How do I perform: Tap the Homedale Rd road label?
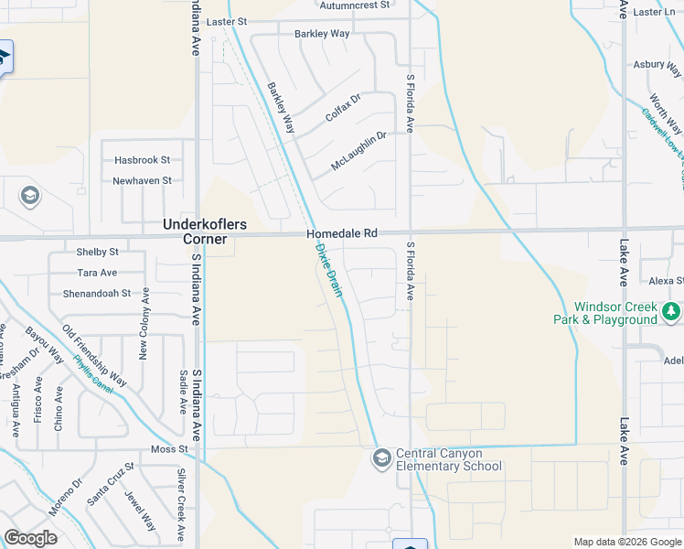click(x=342, y=234)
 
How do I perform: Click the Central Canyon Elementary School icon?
click(x=382, y=457)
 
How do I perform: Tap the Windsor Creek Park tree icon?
click(x=671, y=313)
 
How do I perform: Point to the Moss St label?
click(x=169, y=449)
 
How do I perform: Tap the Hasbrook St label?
click(x=142, y=159)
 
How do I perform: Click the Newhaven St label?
click(x=142, y=180)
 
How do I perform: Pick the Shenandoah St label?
click(x=96, y=294)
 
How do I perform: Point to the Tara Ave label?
click(x=97, y=273)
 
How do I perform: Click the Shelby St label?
click(x=98, y=252)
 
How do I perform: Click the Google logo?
click(x=30, y=538)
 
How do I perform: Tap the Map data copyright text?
click(x=627, y=542)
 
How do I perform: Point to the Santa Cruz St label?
click(x=110, y=484)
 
